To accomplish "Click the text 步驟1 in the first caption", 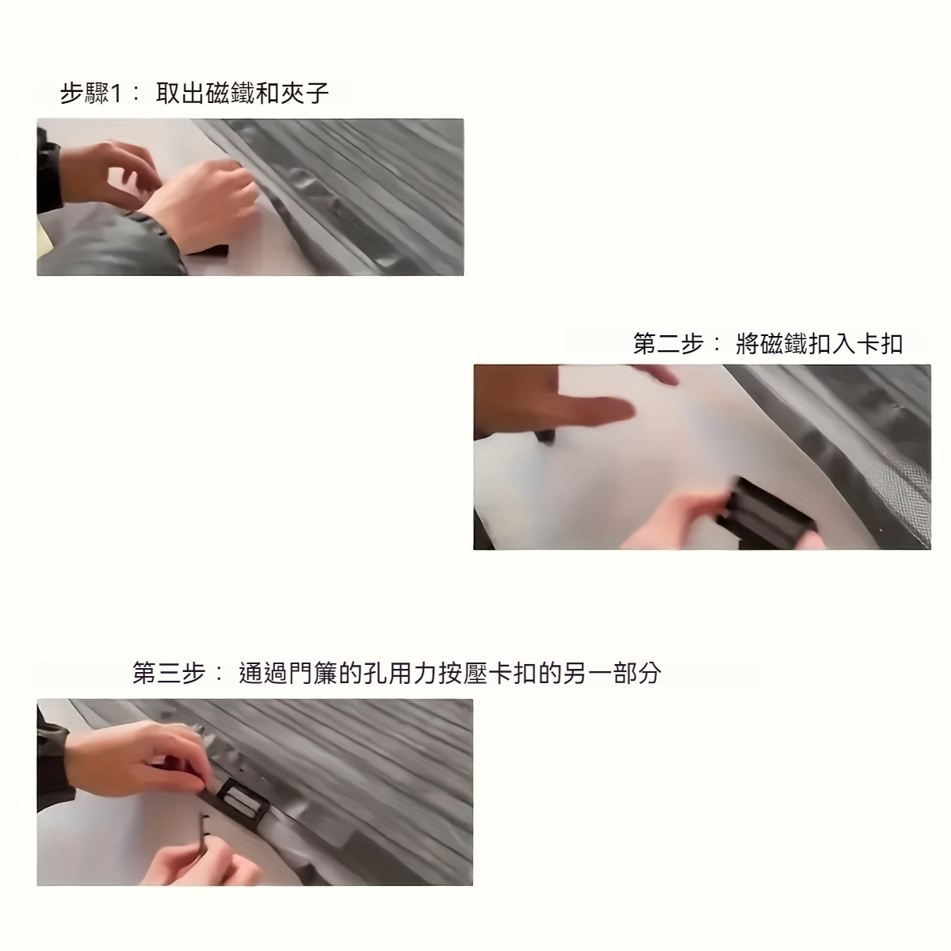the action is coord(91,94).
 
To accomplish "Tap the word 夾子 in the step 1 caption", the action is coord(304,94).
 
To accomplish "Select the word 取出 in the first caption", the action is coord(181,94).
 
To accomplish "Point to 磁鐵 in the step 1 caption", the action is coord(230,94).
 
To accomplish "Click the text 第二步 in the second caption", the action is coord(668,344).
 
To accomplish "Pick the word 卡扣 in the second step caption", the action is coord(880,344).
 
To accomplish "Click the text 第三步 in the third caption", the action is coord(168,673).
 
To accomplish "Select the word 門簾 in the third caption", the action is coord(312,673).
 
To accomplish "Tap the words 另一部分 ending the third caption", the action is coord(612,673).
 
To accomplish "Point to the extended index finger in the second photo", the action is coord(594,411).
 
